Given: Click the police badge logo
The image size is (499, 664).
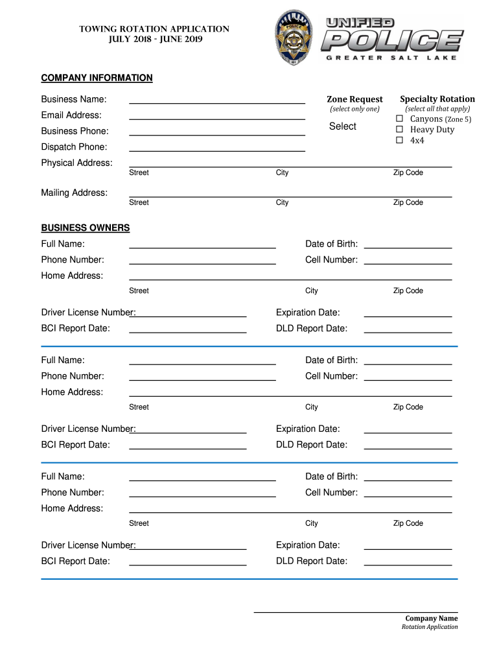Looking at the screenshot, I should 297,38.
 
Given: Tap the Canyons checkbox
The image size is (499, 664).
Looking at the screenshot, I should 400,119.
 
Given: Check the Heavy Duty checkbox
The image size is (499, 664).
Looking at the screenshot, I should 400,130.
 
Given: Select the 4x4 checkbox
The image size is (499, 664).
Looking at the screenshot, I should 400,140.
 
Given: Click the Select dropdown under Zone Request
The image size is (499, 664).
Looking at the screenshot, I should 342,126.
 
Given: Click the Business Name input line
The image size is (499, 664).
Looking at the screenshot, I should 217,99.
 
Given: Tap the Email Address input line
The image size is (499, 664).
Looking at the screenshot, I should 217,115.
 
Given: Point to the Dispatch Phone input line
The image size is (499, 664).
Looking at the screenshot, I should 217,147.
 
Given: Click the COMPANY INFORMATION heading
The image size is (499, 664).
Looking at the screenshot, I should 97,78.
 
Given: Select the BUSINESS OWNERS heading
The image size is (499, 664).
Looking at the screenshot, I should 86,228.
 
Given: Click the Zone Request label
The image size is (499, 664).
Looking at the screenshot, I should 354,99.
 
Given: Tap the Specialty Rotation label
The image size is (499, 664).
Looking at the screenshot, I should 437,99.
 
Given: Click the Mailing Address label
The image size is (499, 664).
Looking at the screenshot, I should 75,193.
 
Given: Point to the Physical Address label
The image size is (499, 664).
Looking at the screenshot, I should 76,163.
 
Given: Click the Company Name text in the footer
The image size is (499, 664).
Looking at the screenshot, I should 432,619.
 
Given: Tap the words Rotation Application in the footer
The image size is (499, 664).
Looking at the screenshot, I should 430,627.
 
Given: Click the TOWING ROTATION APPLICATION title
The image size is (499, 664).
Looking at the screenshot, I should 154,29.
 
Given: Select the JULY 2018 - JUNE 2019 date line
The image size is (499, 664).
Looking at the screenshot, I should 154,40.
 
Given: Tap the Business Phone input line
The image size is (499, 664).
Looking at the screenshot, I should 217,131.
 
